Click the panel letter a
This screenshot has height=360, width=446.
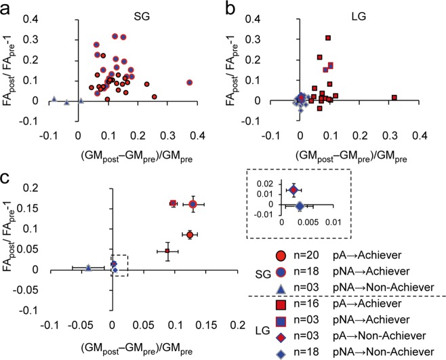pyautogui.click(x=7, y=8)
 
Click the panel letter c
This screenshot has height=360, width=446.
pyautogui.click(x=7, y=180)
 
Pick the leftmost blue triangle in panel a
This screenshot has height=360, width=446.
pyautogui.click(x=54, y=100)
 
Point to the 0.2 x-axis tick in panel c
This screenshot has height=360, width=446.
pyautogui.click(x=238, y=325)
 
